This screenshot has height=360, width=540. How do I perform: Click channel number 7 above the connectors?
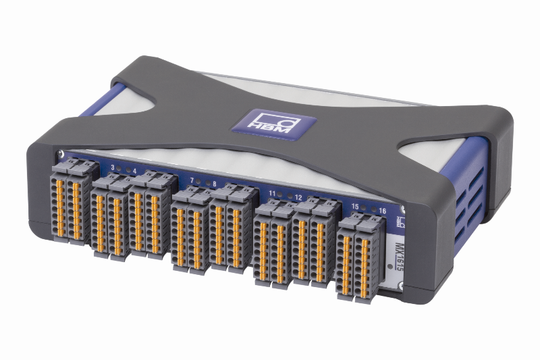pos(192,180)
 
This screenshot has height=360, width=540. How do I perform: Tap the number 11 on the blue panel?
pos(272,195)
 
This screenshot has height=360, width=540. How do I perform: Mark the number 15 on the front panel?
pos(354,205)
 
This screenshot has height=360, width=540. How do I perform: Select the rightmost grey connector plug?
pos(367,257)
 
